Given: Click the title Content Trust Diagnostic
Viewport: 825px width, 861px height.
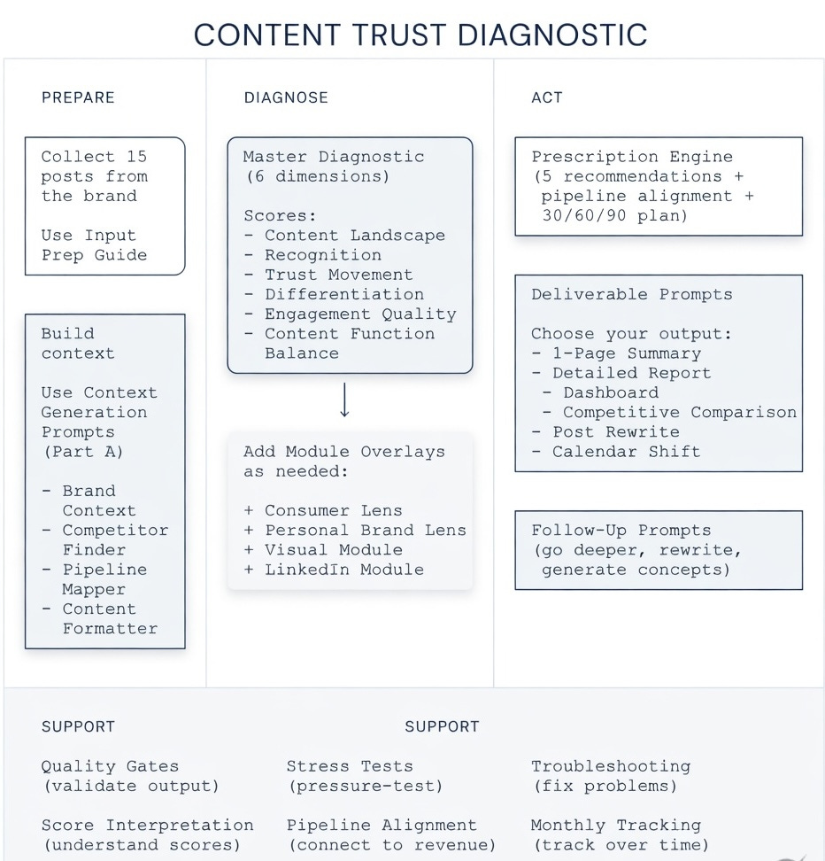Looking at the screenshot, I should (x=420, y=35).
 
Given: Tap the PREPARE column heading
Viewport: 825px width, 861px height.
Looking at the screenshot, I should (x=78, y=97).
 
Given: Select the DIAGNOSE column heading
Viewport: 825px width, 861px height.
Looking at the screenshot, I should (x=286, y=97).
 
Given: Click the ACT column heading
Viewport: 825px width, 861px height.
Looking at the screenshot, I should (x=546, y=97).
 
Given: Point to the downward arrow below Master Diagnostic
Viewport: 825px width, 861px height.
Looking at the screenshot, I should (x=345, y=400).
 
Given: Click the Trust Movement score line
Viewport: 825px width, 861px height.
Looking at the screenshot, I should (x=338, y=275).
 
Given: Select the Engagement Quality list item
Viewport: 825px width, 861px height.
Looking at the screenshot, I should (x=359, y=314).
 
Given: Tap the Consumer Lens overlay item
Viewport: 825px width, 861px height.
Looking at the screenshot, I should (x=333, y=510).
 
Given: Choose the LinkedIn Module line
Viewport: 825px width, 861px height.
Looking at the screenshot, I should (x=343, y=570).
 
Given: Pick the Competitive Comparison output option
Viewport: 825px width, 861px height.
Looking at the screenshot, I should (x=679, y=412).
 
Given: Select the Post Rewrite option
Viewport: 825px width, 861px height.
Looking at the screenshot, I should (x=616, y=431).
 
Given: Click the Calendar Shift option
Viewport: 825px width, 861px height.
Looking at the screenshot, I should (x=626, y=451).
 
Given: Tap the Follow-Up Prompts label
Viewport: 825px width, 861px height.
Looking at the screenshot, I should (x=621, y=531).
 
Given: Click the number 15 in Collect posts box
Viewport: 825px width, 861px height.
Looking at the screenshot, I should (x=136, y=157).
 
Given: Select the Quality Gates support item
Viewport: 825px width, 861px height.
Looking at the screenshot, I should (x=110, y=766).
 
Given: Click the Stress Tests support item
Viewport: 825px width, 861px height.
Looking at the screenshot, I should (x=350, y=766).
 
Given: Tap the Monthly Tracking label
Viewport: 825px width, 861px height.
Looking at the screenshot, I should (x=616, y=826).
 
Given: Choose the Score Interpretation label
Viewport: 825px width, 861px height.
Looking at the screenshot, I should (x=147, y=826).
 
